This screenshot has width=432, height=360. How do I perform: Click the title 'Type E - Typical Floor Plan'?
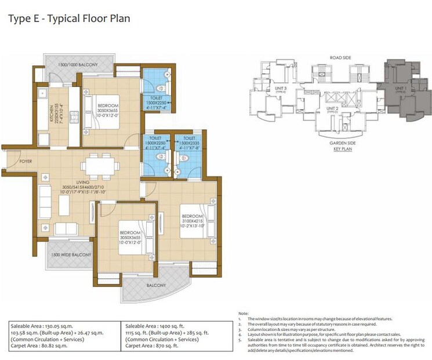(68, 19)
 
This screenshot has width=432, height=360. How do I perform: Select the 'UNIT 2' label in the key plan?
(332, 108)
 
